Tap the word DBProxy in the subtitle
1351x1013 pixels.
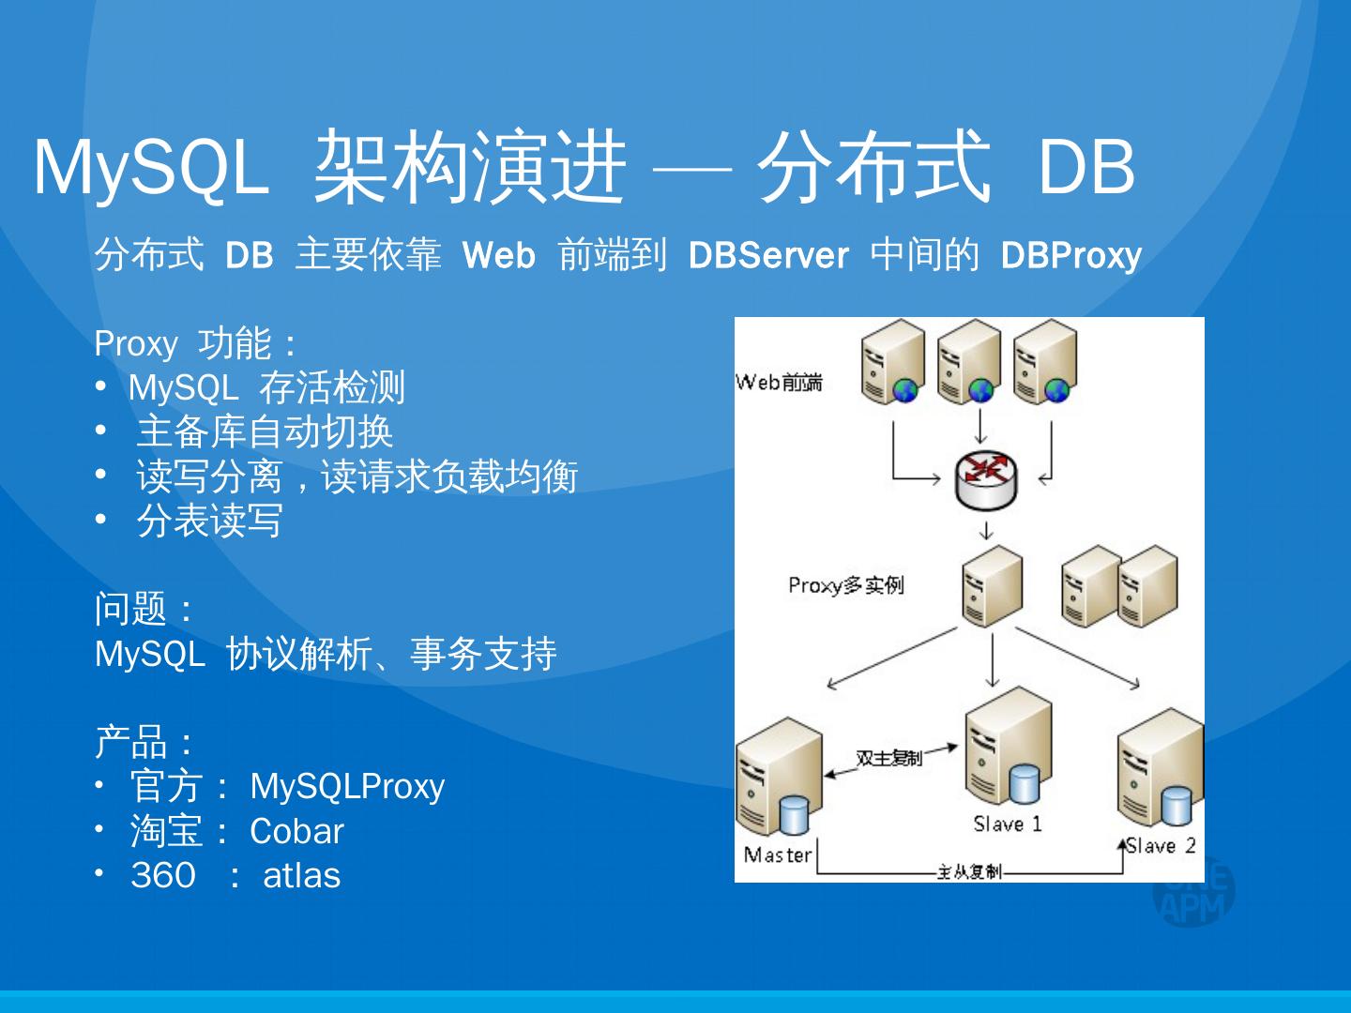click(x=1070, y=255)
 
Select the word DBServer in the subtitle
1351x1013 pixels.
click(x=767, y=255)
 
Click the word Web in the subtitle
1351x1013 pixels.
click(x=498, y=255)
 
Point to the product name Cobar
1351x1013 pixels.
click(x=296, y=831)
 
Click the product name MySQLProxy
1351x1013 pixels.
click(x=347, y=786)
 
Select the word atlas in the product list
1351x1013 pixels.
click(x=301, y=875)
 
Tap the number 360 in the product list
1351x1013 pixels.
click(x=163, y=875)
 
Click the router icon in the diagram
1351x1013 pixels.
click(x=985, y=479)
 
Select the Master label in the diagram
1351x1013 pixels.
click(x=777, y=854)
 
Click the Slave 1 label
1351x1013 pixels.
click(x=1007, y=824)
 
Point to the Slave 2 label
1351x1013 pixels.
click(x=1161, y=845)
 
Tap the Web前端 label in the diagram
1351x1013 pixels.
click(x=779, y=382)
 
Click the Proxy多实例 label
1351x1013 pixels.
click(x=845, y=585)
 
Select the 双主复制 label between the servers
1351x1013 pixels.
click(x=888, y=757)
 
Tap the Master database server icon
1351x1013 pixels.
click(x=779, y=779)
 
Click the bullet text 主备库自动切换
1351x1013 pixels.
click(x=264, y=431)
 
